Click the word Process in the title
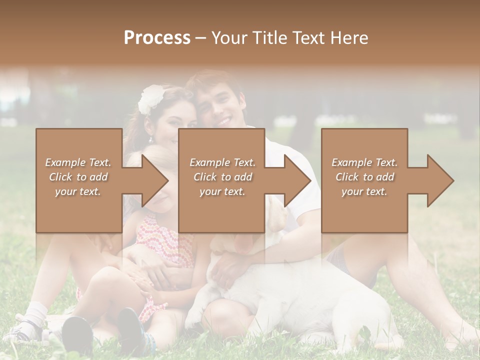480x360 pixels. [x=157, y=38]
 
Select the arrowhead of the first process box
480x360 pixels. [x=152, y=180]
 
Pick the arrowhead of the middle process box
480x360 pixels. [x=295, y=180]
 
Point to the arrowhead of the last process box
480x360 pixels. [x=438, y=180]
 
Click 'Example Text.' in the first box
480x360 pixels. [x=78, y=162]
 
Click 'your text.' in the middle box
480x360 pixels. [x=222, y=191]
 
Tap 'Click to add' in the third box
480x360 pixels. [x=364, y=177]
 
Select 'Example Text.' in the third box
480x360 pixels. [x=364, y=162]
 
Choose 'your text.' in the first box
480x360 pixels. [x=78, y=191]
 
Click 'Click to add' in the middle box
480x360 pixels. [x=222, y=177]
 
